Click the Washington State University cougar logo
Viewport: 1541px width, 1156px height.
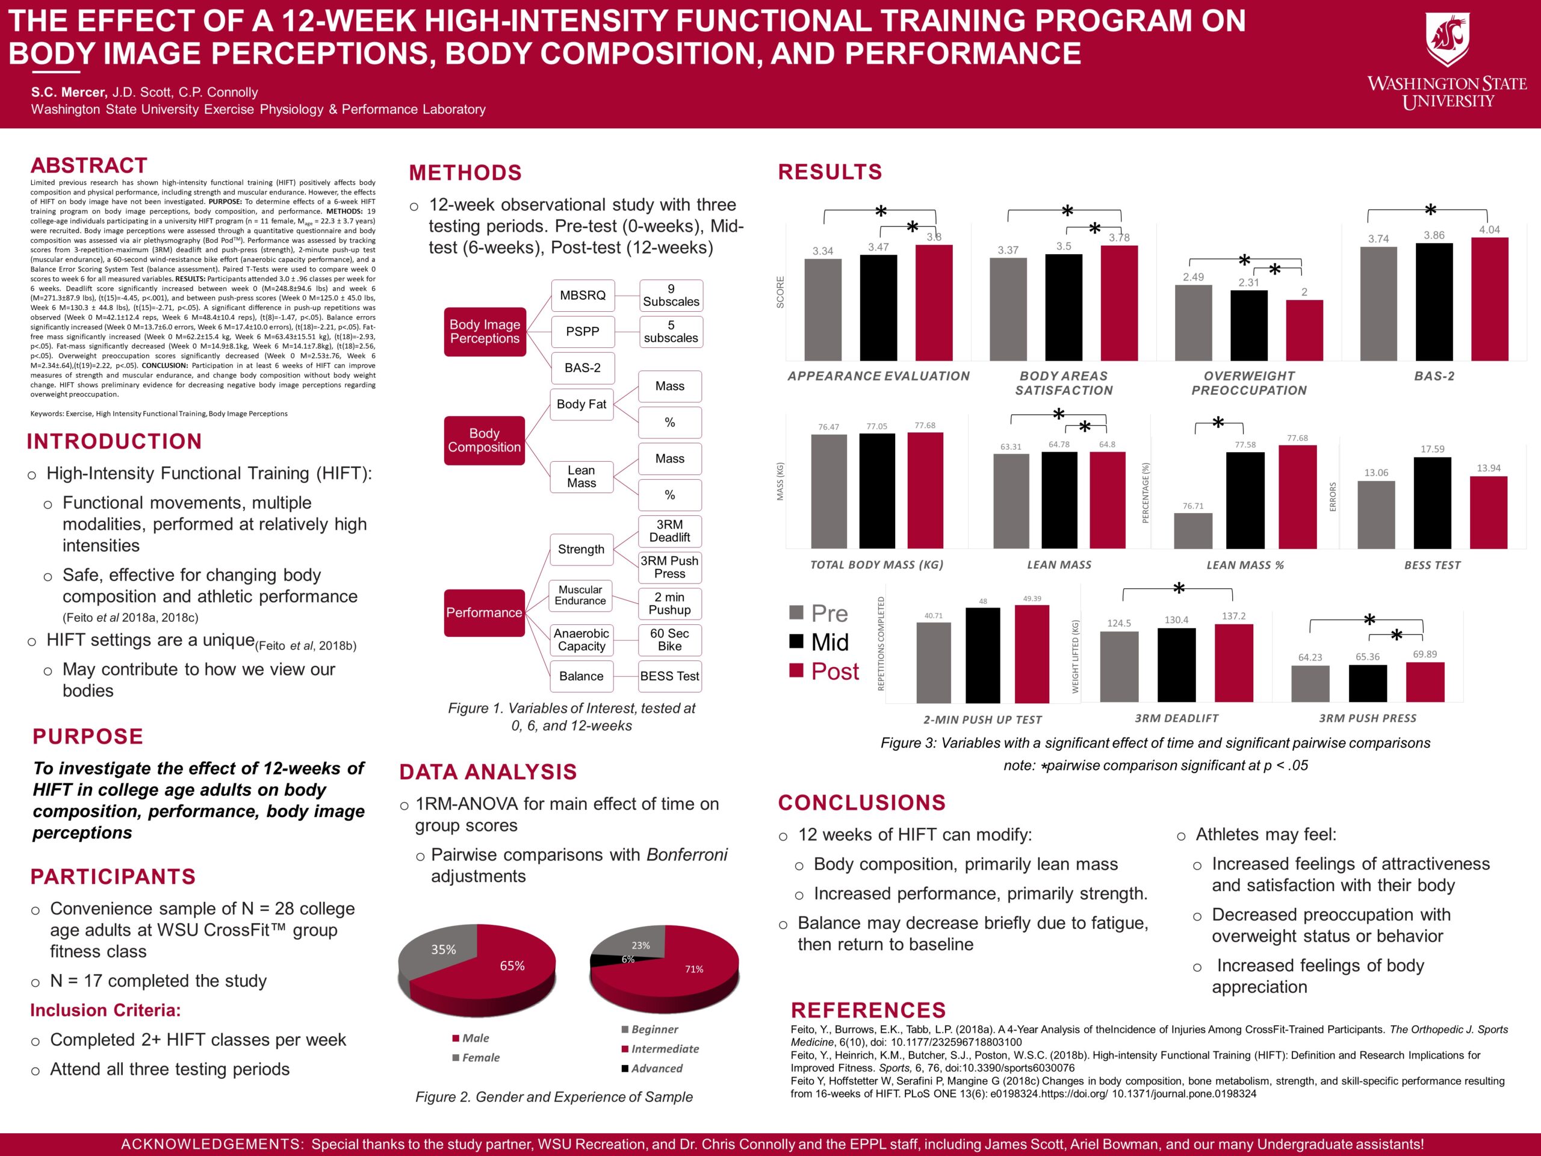click(1447, 39)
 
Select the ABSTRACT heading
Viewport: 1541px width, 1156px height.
click(89, 166)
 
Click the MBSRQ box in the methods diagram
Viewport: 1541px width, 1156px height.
click(583, 296)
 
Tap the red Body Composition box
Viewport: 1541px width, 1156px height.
click(484, 440)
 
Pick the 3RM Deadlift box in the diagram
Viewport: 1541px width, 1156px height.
click(669, 531)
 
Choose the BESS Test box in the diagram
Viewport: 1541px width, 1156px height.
click(669, 676)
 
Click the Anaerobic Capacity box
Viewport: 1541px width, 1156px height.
click(581, 639)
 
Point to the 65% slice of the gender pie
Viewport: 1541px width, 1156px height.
click(512, 969)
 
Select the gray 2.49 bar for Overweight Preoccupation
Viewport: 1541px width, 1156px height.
click(1193, 323)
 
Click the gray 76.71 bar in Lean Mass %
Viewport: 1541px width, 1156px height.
click(1192, 531)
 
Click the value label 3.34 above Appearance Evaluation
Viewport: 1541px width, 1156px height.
click(823, 251)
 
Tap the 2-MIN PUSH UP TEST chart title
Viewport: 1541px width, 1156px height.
click(982, 720)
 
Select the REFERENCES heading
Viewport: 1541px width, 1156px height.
click(868, 1010)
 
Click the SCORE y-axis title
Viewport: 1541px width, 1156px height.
click(780, 292)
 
